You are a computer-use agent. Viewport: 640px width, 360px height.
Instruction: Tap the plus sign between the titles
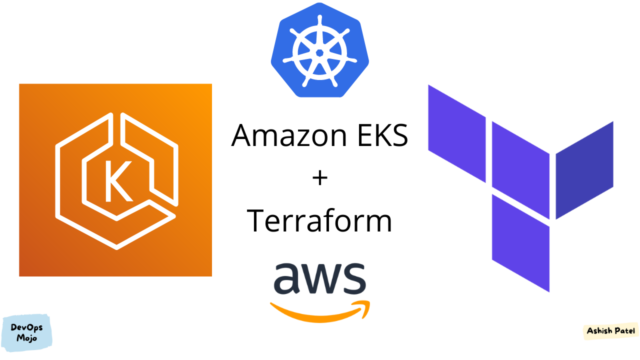pos(319,177)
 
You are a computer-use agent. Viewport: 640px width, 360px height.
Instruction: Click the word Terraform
pos(319,220)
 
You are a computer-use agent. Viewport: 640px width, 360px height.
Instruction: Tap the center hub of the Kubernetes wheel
pos(320,52)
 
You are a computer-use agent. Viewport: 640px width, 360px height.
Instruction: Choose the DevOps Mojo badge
pos(27,333)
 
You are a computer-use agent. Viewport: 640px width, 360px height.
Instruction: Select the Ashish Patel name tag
pos(611,331)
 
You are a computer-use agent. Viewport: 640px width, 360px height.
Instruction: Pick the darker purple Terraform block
pos(584,170)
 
